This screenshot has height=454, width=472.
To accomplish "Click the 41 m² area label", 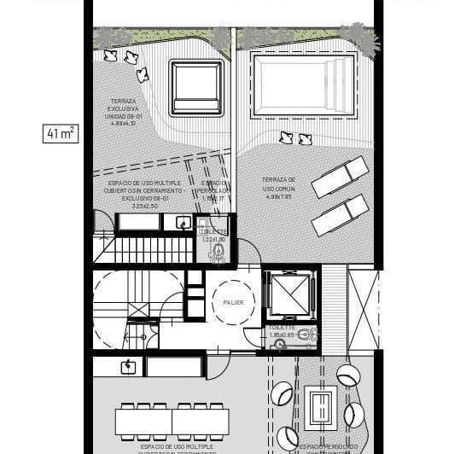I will point(61,133).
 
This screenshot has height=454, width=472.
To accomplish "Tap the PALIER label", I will point(233,302).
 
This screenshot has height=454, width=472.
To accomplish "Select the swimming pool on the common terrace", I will point(305,87).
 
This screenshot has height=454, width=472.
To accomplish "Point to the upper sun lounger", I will point(340,177).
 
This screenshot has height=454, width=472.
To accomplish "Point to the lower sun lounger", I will point(340,215).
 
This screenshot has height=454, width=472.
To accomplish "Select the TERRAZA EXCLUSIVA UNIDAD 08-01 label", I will point(129,110).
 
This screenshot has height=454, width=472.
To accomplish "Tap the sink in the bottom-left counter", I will point(127,367).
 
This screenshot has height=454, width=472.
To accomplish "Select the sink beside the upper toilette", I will point(183,223).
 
